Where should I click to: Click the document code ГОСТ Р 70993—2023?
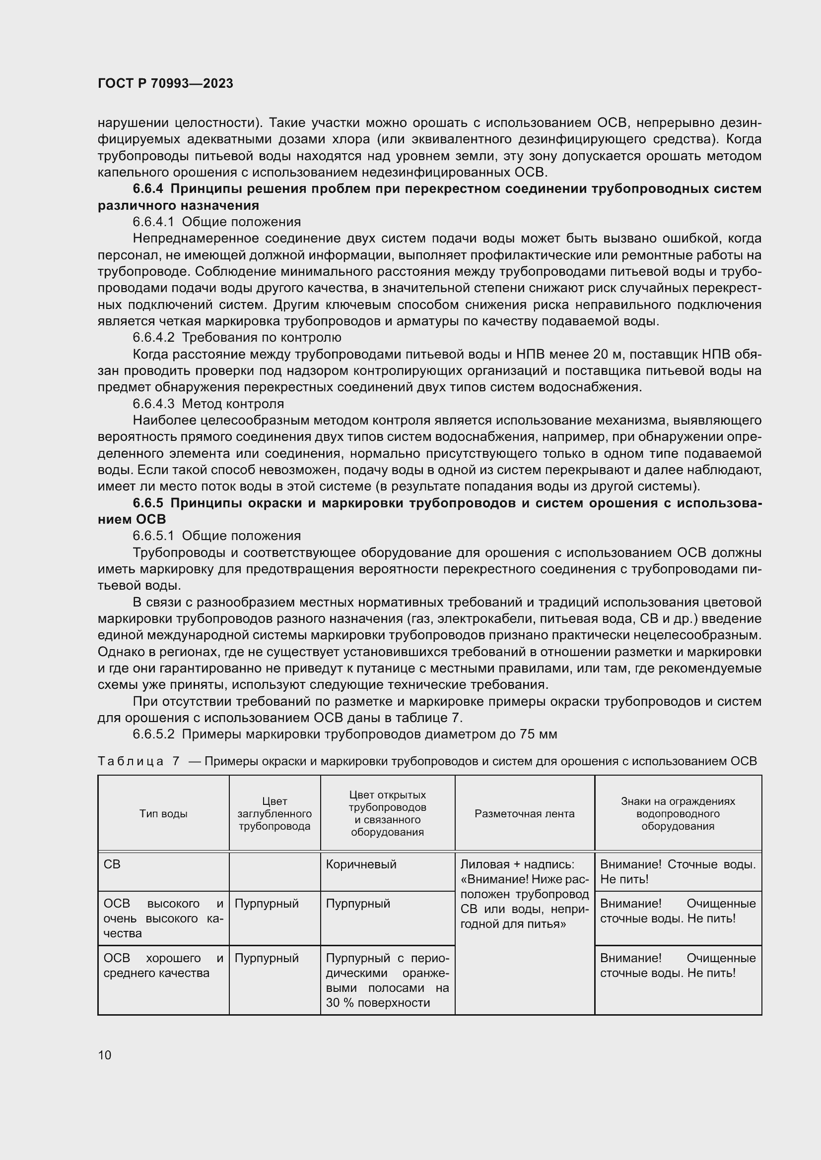click(165, 83)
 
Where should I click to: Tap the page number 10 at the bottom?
click(105, 1055)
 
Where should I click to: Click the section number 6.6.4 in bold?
click(148, 189)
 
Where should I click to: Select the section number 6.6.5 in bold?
click(148, 503)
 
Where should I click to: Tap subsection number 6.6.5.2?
click(153, 734)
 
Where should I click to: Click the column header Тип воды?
click(163, 814)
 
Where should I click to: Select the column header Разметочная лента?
click(524, 814)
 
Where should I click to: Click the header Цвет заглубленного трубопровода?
click(274, 814)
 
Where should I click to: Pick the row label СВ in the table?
click(112, 864)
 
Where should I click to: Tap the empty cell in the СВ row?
click(274, 871)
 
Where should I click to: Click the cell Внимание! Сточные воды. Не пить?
click(678, 871)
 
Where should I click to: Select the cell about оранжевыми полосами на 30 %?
click(387, 980)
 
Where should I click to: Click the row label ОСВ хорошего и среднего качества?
click(163, 966)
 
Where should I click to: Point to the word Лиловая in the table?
click(482, 864)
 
